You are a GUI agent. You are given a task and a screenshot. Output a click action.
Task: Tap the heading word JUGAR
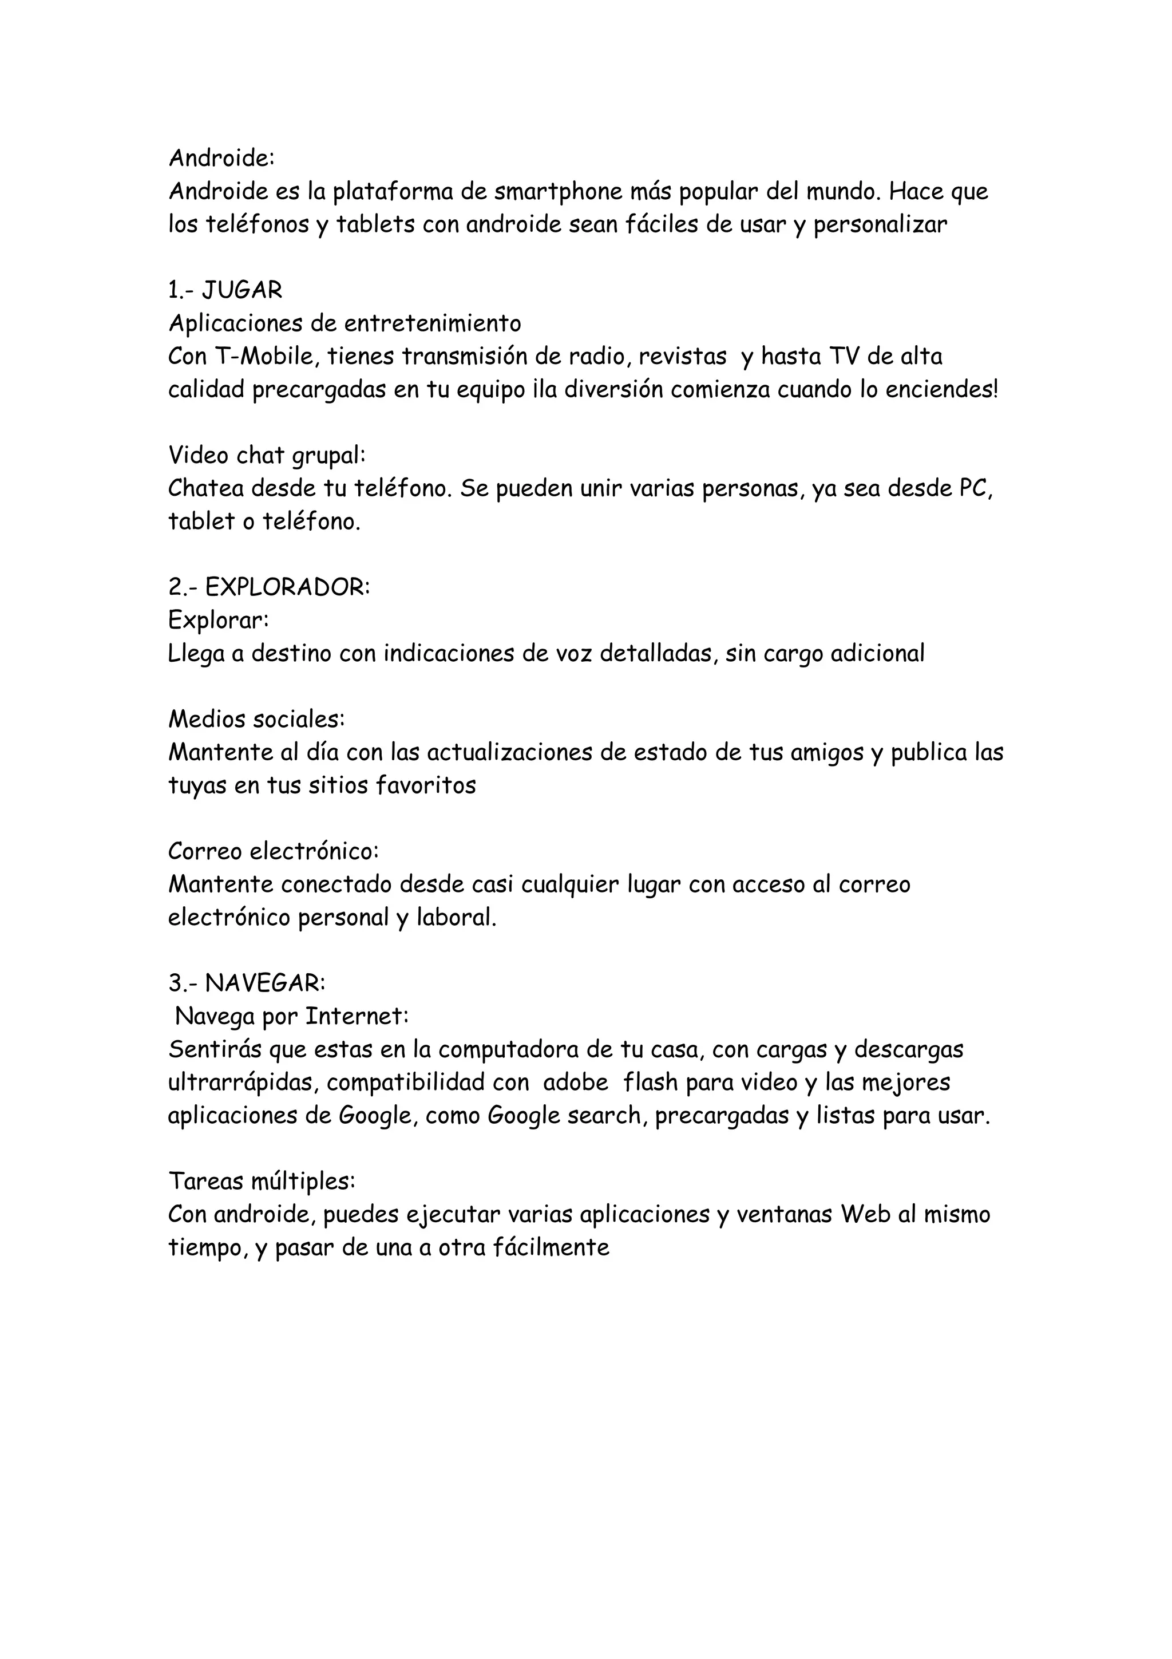[242, 290]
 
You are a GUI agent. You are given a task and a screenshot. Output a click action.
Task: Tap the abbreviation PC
[976, 489]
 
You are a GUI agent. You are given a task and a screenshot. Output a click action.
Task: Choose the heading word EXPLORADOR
[287, 587]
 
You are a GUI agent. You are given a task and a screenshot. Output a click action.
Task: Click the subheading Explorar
[218, 620]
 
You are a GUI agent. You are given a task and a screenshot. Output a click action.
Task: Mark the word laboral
[456, 918]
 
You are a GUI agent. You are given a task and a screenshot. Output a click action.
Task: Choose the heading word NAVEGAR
[265, 983]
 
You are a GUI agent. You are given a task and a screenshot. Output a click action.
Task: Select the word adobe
[576, 1083]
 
